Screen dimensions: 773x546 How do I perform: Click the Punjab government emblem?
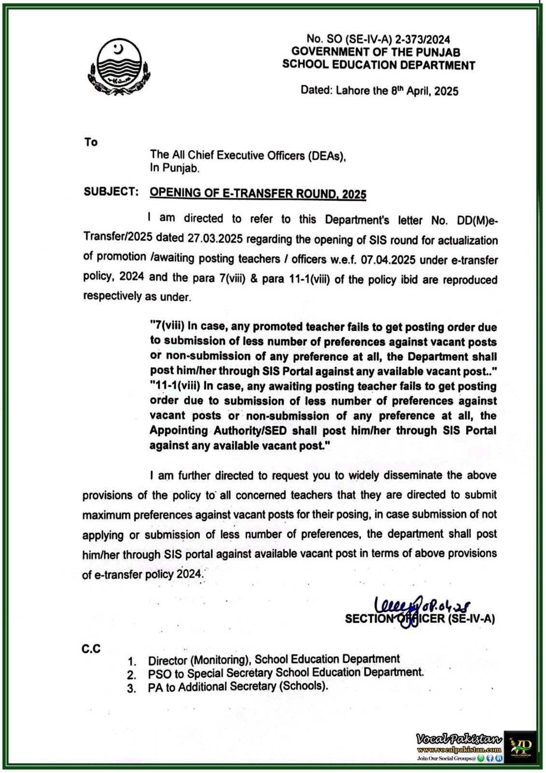coord(119,68)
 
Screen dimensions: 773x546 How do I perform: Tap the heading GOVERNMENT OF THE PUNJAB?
coord(376,52)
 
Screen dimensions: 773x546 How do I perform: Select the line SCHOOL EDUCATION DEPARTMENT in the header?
coord(378,65)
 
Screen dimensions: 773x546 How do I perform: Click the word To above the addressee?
coord(91,142)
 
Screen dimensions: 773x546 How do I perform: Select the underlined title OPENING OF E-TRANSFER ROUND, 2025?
coord(258,193)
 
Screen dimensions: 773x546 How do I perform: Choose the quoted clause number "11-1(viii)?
coord(175,386)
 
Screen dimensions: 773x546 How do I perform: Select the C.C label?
coord(91,649)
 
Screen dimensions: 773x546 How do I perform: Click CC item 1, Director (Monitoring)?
coord(274,659)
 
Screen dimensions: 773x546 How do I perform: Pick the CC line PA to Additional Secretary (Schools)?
coord(238,687)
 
